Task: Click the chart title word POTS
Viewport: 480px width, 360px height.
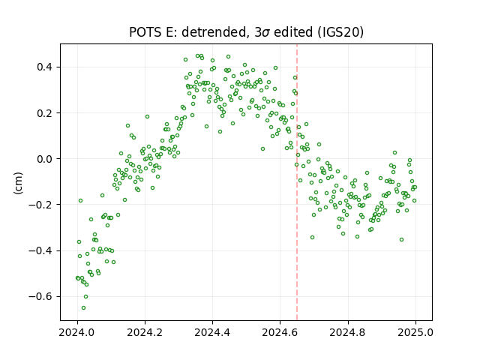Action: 145,32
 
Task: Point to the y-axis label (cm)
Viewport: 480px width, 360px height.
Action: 18,183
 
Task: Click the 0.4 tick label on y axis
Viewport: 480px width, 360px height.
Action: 44,67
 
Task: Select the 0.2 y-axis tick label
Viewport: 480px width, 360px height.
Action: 44,113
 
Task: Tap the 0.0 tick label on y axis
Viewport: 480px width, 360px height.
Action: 44,159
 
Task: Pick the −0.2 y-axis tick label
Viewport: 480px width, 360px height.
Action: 40,205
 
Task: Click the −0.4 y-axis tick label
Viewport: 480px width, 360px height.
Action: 40,250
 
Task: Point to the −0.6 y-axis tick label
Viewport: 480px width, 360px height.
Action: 40,297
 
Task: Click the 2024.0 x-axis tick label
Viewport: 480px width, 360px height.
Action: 77,332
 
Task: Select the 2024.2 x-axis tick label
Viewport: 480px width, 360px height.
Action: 145,332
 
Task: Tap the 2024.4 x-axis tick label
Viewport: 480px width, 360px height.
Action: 212,332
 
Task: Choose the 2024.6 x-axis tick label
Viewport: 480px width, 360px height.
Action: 280,332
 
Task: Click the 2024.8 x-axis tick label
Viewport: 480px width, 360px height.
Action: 348,332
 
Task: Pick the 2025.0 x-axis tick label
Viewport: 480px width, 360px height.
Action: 415,332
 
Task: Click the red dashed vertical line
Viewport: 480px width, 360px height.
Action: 297,182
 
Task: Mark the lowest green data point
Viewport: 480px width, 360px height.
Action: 83,308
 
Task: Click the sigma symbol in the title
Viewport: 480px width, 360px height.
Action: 265,33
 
